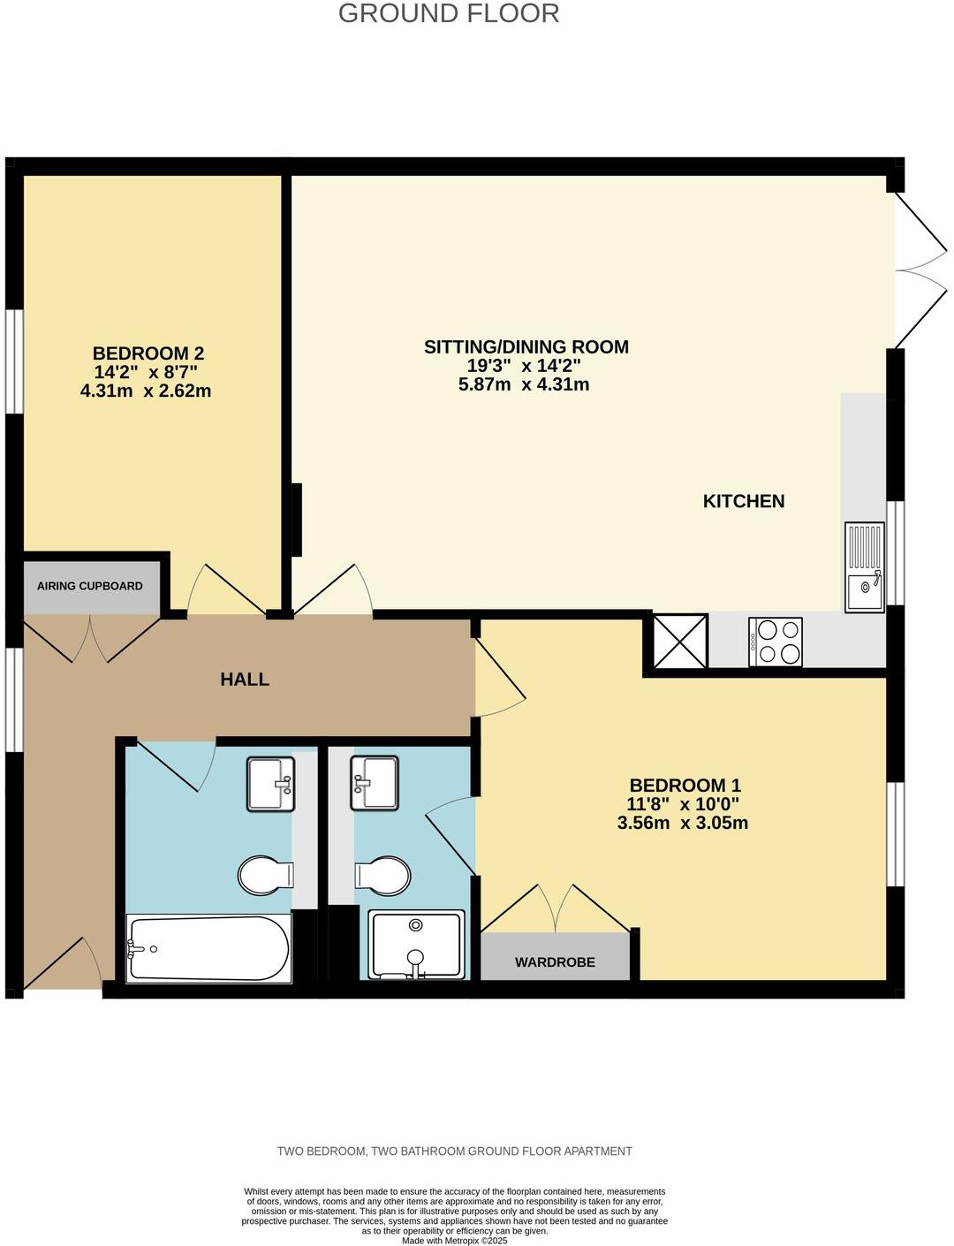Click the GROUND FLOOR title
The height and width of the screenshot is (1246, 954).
click(449, 14)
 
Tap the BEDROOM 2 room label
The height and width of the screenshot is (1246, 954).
click(148, 353)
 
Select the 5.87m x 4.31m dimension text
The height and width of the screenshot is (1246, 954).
click(524, 384)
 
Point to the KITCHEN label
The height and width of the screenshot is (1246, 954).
click(743, 501)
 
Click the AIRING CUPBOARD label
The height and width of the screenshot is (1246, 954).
click(89, 586)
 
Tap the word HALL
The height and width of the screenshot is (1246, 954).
click(245, 680)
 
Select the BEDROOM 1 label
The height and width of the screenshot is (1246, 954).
click(685, 785)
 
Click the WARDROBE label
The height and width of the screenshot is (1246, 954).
click(555, 962)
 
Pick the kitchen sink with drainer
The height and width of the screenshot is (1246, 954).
click(865, 567)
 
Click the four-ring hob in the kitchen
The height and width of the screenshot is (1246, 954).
click(776, 642)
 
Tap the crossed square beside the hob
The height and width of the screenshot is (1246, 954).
click(679, 642)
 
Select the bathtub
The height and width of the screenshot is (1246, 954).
click(209, 948)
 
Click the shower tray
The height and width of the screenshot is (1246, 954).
click(416, 945)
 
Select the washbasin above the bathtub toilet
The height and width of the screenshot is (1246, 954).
click(270, 784)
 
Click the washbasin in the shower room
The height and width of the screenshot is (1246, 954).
click(375, 783)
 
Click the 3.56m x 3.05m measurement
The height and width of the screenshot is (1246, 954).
click(683, 824)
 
